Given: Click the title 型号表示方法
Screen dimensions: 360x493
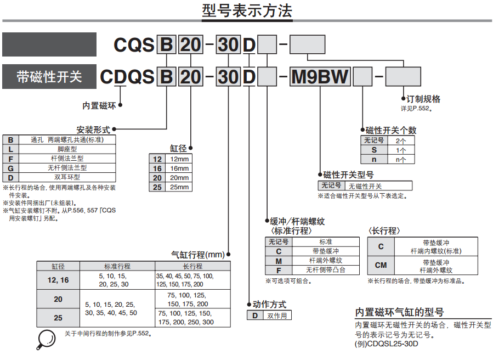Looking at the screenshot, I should click(247, 12).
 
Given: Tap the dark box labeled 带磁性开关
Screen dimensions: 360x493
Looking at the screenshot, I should click(49, 77).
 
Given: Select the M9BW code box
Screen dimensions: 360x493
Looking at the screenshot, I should click(320, 77).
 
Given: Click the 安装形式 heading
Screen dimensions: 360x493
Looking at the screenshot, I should click(93, 130).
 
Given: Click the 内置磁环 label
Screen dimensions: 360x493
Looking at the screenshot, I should click(99, 105).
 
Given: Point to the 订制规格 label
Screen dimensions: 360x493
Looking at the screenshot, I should click(420, 99).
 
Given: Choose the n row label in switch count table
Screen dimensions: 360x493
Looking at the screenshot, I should click(374, 160).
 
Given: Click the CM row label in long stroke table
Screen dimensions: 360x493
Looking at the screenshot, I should click(381, 266).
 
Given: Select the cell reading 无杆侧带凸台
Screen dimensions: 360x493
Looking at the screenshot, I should click(326, 270).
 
